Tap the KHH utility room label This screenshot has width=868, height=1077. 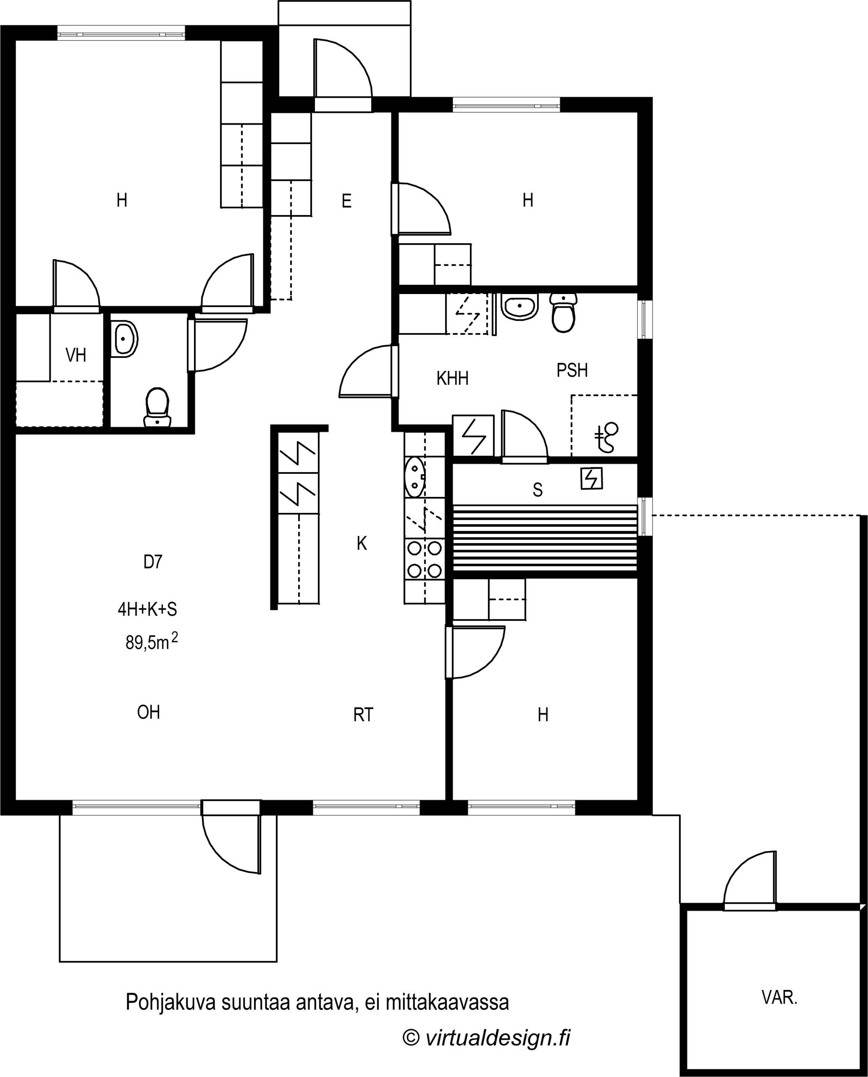[452, 378]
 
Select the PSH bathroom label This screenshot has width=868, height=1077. [572, 370]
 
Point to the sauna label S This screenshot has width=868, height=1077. [538, 490]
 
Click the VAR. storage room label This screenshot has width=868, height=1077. [779, 998]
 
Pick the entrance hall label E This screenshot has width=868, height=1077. [346, 201]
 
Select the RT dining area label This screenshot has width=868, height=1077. [363, 715]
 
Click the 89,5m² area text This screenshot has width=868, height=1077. [152, 641]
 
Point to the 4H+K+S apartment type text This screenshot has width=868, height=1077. [147, 609]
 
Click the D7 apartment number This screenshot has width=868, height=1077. [153, 562]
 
